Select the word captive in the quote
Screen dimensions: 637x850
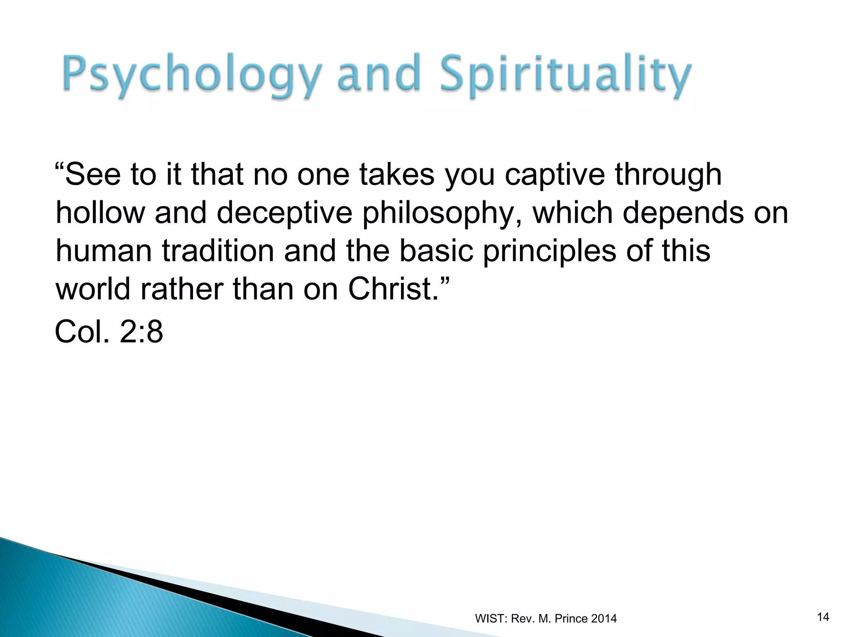click(x=555, y=175)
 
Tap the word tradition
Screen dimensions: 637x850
click(x=218, y=251)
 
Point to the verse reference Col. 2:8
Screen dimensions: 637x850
click(x=109, y=332)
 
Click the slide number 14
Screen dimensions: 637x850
click(x=823, y=617)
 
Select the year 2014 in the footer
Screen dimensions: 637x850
click(x=604, y=619)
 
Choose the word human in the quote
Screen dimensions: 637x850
click(x=104, y=251)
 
